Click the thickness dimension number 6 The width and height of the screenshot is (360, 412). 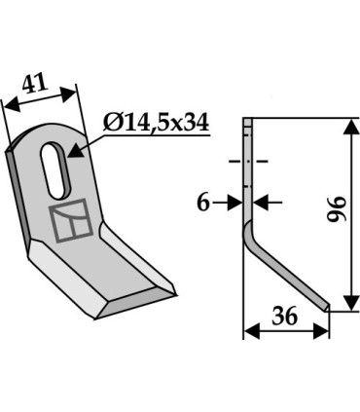pyautogui.click(x=201, y=202)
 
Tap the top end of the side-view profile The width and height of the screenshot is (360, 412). pyautogui.click(x=247, y=122)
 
